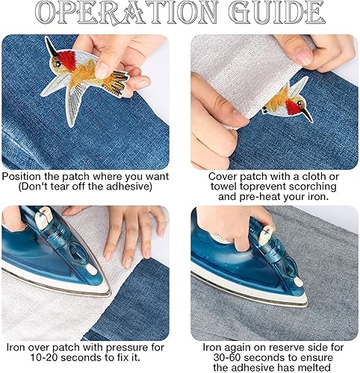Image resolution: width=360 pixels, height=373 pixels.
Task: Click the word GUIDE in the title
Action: pos(276,13)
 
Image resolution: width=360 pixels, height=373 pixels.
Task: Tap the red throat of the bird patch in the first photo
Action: pos(66,59)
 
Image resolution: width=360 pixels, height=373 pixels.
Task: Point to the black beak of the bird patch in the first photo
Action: pos(52,47)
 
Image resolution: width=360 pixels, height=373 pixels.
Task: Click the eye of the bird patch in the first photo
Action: pos(58,64)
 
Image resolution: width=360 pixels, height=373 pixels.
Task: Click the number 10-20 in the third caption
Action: pos(44,357)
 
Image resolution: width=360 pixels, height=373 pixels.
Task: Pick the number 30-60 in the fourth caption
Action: pos(227,357)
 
